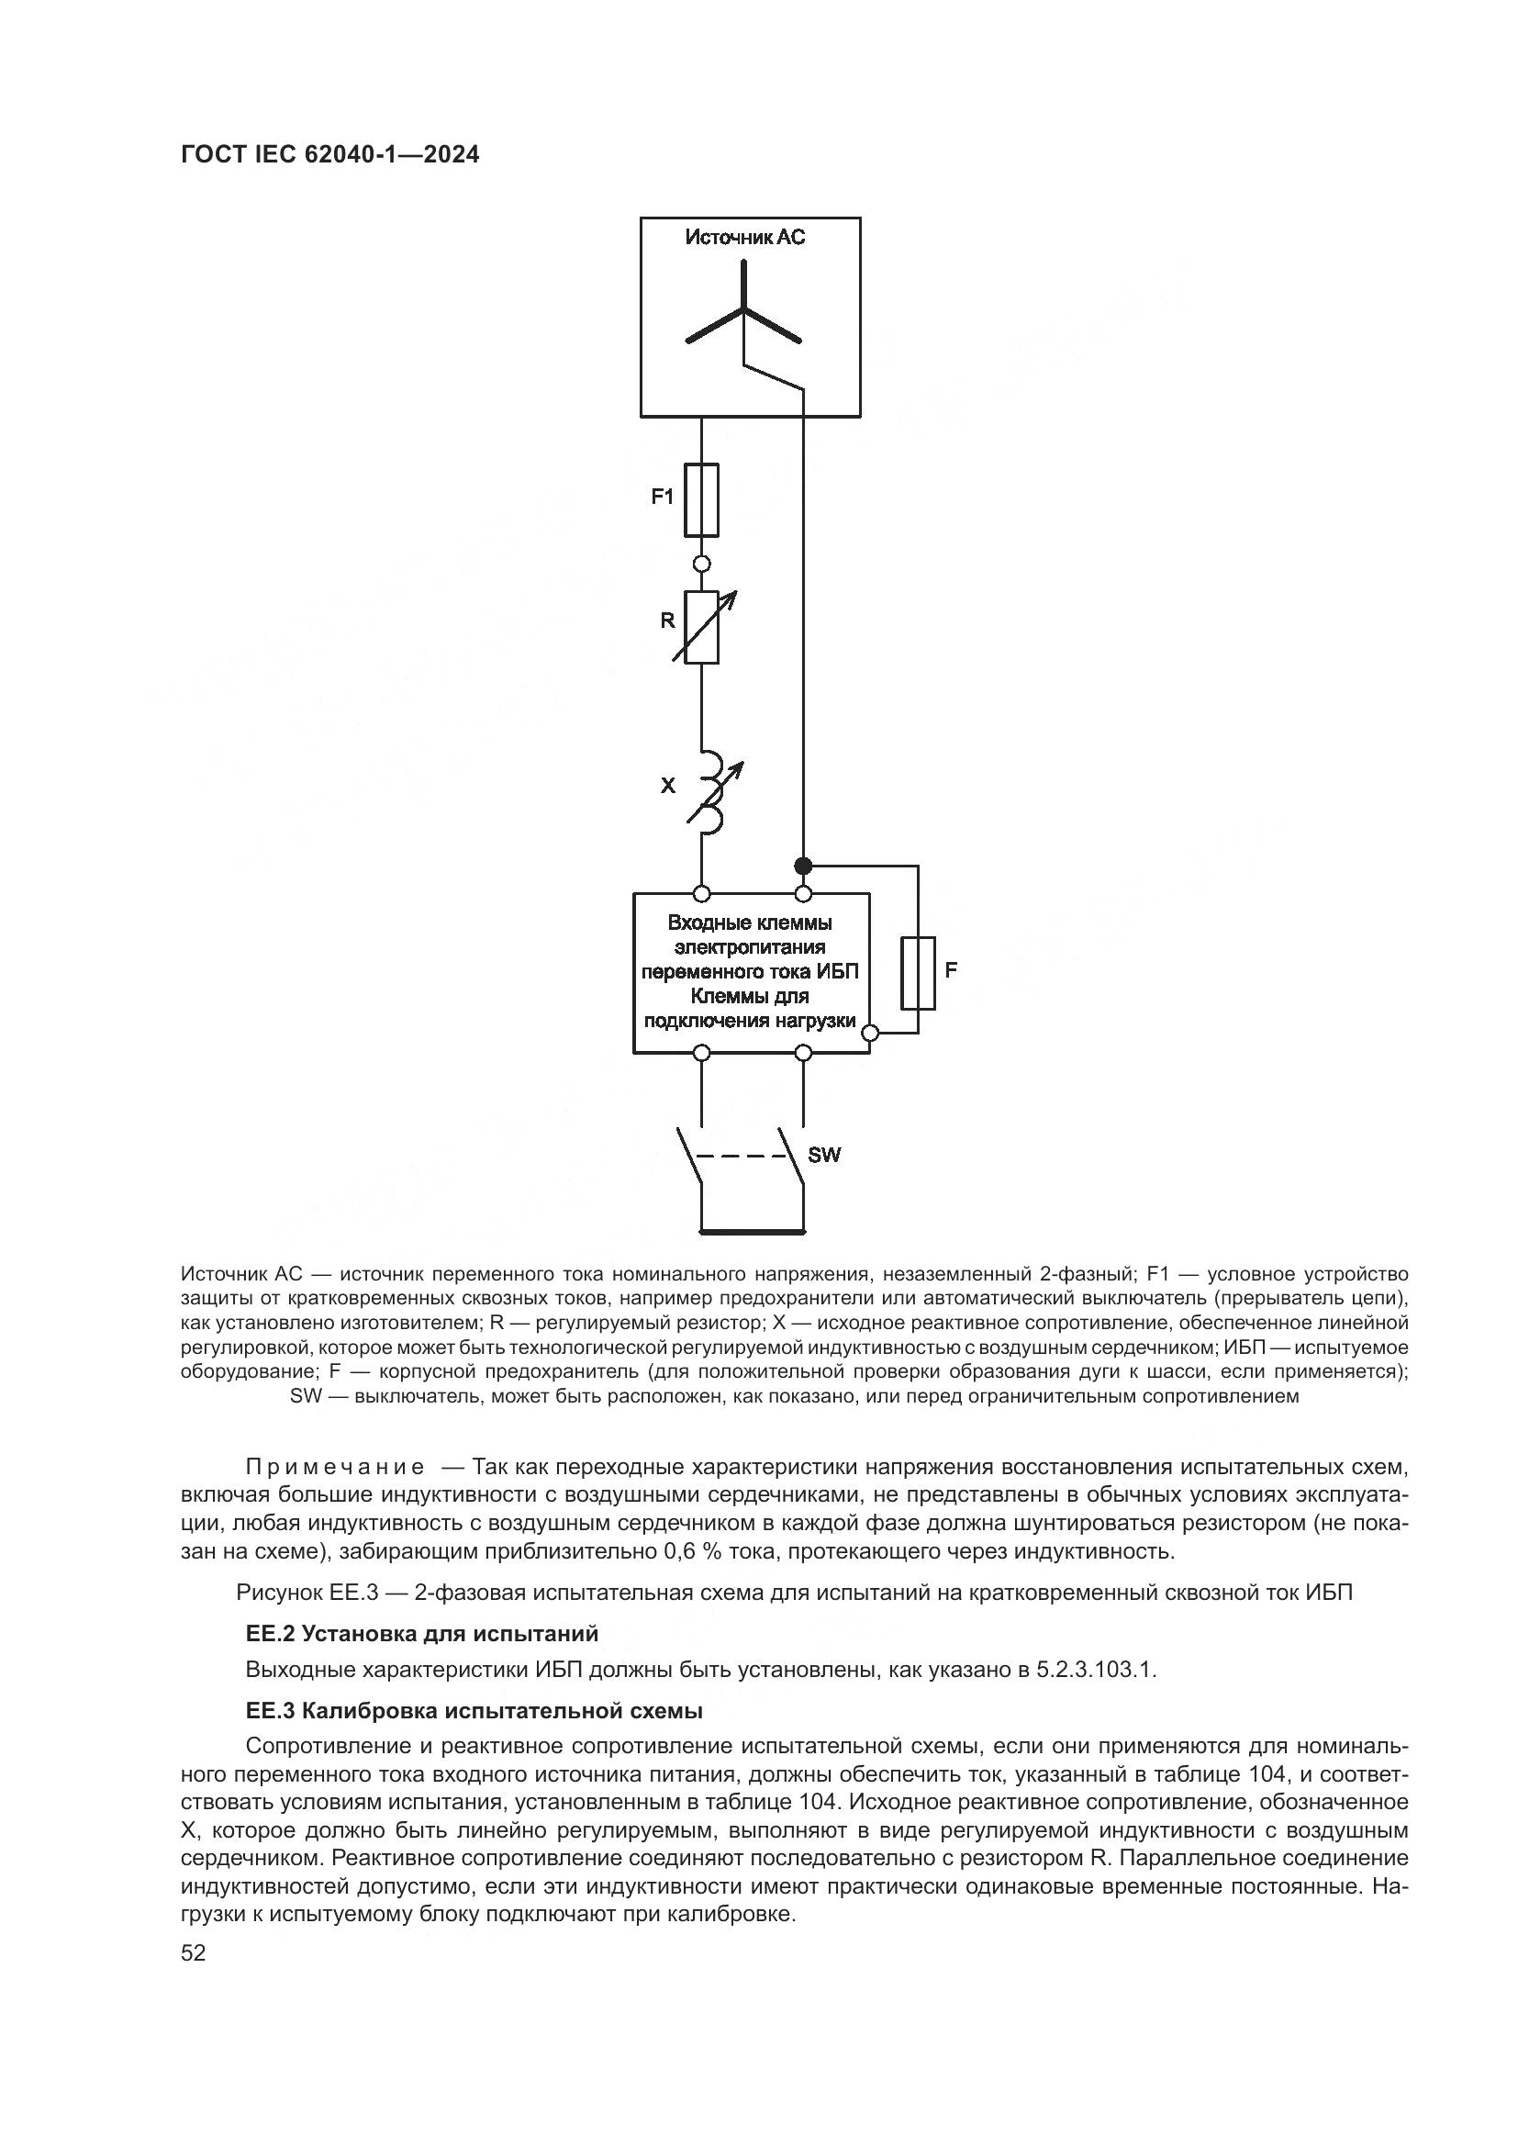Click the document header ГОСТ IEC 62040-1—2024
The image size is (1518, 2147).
pos(330,155)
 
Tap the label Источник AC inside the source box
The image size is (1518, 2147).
pos(744,238)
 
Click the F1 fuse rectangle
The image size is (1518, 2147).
pos(701,499)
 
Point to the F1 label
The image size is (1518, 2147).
pos(662,497)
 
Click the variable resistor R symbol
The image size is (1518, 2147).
pos(702,627)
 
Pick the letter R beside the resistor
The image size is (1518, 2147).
pos(667,620)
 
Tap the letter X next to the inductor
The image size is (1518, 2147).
pos(667,786)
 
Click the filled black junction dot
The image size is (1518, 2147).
pos(802,865)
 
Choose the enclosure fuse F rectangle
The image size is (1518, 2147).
pos(918,972)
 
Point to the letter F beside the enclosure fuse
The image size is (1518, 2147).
pos(951,969)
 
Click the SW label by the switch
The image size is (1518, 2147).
pos(823,1155)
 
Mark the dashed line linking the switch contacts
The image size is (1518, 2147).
pos(743,1156)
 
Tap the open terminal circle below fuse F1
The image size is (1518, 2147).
pos(701,564)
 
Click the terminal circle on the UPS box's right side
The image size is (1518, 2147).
pos(869,1034)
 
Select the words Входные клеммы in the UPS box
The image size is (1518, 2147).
pos(750,923)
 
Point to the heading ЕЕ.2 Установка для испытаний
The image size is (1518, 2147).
pos(421,1634)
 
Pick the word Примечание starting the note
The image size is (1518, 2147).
pos(335,1466)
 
